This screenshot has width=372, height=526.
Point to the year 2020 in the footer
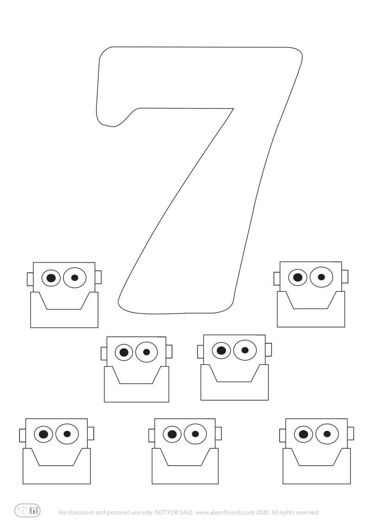(x=262, y=513)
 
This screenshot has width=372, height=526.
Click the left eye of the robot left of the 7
(x=51, y=278)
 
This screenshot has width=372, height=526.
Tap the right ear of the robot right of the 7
(x=345, y=277)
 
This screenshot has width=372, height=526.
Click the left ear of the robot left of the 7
(x=30, y=279)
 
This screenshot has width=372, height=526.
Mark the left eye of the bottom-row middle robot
(x=172, y=435)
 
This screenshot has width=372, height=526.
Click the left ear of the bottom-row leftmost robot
(x=22, y=436)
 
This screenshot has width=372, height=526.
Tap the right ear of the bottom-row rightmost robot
(x=350, y=433)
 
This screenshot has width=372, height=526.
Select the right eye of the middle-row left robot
(x=147, y=352)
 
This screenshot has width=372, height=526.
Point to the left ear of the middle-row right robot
(x=200, y=351)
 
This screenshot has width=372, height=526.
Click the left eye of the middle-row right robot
(x=222, y=350)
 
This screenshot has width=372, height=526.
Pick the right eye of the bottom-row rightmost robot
(x=327, y=434)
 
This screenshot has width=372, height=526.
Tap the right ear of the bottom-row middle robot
(x=218, y=433)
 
